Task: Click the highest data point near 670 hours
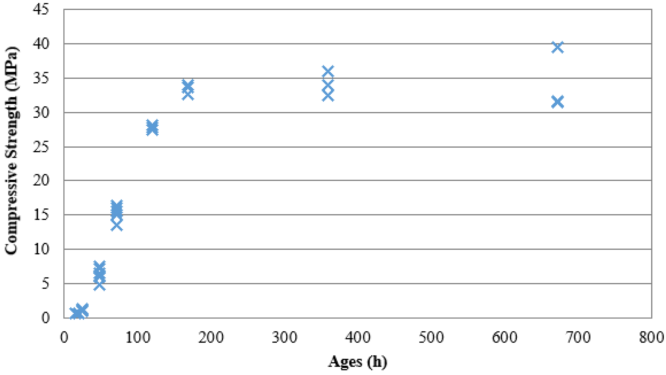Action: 557,47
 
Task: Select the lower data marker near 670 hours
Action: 557,102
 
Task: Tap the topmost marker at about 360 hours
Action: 328,72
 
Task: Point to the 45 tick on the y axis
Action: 41,10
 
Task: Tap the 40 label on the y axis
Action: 41,44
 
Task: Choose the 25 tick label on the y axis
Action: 41,147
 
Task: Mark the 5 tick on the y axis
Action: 45,284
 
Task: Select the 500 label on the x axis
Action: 431,337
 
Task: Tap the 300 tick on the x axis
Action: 284,337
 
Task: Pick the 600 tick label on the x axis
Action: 504,337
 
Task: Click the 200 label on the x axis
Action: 211,337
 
